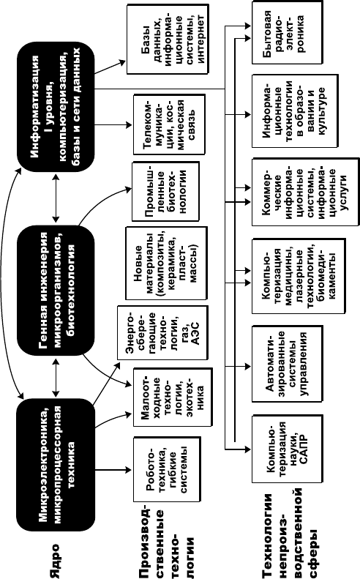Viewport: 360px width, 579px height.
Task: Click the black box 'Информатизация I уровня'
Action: click(x=56, y=107)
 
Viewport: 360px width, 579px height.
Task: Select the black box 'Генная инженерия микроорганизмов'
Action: click(x=56, y=291)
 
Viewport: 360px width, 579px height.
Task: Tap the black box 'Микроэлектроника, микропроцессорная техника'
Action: click(x=56, y=463)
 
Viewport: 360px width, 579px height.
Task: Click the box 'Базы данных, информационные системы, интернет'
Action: click(x=168, y=39)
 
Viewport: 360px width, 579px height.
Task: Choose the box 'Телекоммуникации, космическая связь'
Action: click(x=169, y=124)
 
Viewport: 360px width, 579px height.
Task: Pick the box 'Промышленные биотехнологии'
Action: click(x=166, y=192)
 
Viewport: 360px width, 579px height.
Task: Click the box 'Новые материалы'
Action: click(x=166, y=263)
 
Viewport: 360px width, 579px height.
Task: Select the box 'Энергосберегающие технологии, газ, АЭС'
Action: click(x=163, y=332)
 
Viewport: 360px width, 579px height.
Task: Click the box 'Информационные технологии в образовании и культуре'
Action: click(x=295, y=111)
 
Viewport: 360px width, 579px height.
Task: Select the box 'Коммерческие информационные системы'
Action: click(x=305, y=192)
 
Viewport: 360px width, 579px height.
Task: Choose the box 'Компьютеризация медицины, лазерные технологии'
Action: click(x=299, y=276)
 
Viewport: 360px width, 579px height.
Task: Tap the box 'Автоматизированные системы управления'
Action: click(x=288, y=364)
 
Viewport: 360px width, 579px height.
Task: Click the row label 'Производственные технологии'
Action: click(x=166, y=540)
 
